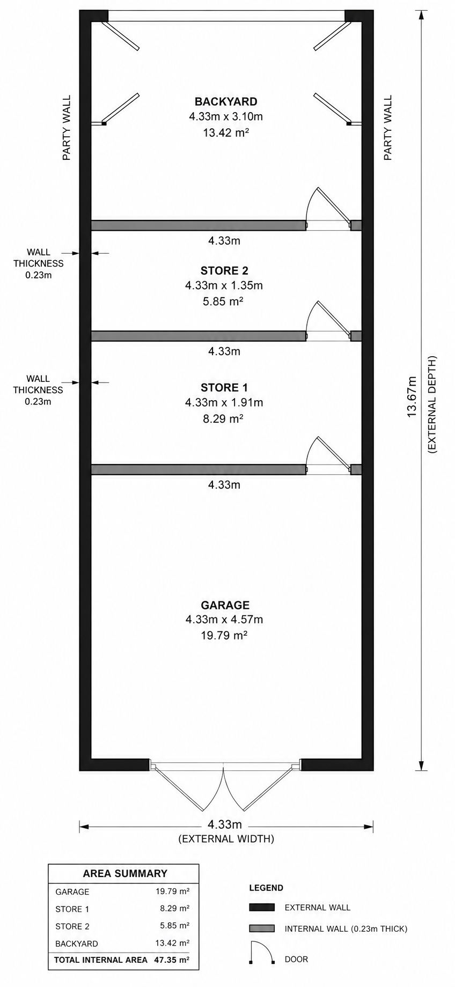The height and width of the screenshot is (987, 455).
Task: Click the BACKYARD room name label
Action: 226,101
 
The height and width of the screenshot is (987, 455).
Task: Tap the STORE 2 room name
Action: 224,271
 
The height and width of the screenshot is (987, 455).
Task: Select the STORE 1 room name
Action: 224,387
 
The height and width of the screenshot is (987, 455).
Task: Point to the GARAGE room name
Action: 225,605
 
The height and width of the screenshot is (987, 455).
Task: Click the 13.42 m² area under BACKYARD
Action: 225,132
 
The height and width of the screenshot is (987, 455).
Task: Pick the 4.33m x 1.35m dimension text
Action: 224,286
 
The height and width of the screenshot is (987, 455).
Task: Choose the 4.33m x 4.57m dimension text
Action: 224,620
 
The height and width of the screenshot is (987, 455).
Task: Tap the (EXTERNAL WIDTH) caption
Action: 226,839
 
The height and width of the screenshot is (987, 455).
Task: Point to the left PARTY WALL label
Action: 67,128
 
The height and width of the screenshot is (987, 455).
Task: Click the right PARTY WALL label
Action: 388,128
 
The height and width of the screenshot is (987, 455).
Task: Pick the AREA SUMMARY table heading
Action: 124,874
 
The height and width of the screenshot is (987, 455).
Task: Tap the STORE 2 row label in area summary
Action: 72,926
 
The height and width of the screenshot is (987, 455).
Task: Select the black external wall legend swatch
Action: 262,908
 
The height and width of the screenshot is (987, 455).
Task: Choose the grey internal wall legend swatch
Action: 262,929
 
